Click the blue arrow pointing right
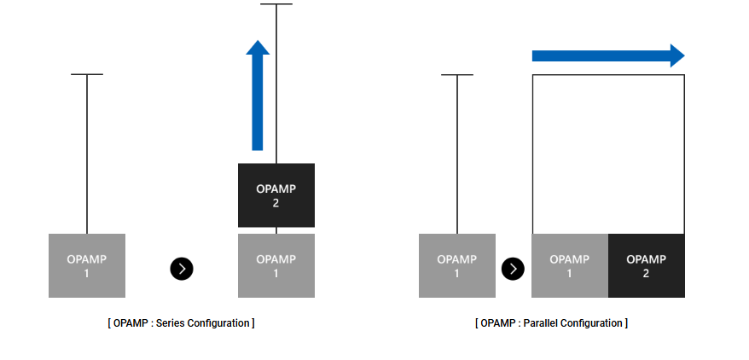(x=606, y=56)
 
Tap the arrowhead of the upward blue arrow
(x=258, y=48)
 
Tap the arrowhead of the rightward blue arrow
(x=676, y=56)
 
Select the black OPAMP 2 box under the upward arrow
(x=276, y=195)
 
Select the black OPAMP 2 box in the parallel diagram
(x=646, y=265)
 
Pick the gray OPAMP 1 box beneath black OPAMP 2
(x=276, y=265)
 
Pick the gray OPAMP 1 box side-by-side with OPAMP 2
(x=569, y=265)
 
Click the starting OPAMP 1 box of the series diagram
(x=87, y=265)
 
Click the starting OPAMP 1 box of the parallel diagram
(x=456, y=265)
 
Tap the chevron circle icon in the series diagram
(x=182, y=269)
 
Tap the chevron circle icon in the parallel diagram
(x=513, y=269)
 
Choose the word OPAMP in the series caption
(x=127, y=323)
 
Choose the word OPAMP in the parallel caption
(x=496, y=323)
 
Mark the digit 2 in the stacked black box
(x=276, y=203)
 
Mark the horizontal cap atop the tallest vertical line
(x=276, y=4)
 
